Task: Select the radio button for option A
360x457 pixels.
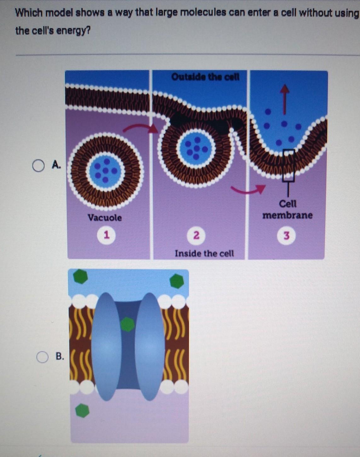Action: point(38,166)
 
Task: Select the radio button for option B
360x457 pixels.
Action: point(42,357)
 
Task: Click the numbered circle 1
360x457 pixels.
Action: point(106,235)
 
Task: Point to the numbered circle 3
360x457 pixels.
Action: point(286,236)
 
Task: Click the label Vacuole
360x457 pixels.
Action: point(105,218)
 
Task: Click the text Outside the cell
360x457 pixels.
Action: point(205,77)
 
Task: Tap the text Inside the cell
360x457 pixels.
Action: point(204,253)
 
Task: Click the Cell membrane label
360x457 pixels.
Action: point(288,210)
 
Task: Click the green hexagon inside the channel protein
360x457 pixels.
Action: point(128,324)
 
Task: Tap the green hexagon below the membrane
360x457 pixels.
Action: point(83,410)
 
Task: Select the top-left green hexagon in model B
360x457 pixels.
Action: point(81,276)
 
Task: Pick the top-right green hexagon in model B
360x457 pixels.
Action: point(177,281)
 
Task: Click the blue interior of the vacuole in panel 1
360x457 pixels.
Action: point(105,171)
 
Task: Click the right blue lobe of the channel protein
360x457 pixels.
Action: point(150,346)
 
